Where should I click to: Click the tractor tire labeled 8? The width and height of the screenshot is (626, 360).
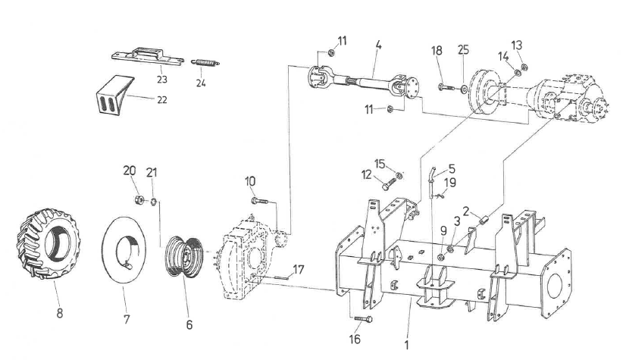click(47, 246)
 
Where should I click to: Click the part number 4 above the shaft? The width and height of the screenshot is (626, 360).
click(377, 46)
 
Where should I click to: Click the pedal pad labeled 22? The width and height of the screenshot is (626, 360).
click(111, 94)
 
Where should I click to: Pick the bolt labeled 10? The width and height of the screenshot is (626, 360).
click(258, 201)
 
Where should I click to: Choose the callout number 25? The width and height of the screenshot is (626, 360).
click(463, 49)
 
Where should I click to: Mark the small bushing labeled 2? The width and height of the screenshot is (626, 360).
click(479, 221)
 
